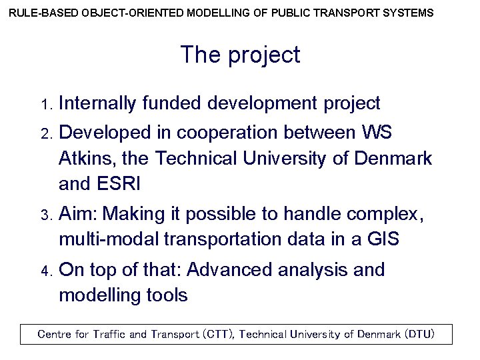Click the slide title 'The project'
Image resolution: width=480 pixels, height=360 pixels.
[240, 55]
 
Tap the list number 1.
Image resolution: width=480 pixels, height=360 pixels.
[45, 105]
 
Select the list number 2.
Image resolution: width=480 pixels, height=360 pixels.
[45, 134]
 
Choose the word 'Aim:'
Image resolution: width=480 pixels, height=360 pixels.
[79, 215]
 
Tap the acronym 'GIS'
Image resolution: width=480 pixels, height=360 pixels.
[383, 239]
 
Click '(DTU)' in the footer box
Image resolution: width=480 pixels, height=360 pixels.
[419, 334]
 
